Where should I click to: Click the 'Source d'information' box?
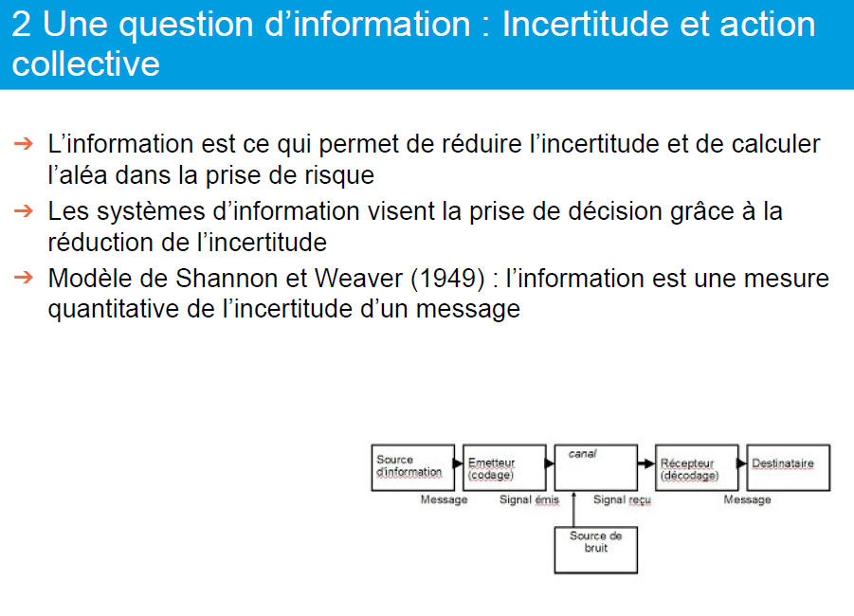[x=413, y=468]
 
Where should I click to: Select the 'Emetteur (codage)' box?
[x=504, y=468]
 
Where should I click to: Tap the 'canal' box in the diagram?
[x=596, y=468]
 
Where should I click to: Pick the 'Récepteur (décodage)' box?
[x=697, y=468]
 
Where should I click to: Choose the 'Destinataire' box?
[x=788, y=468]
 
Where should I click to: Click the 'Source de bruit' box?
[x=596, y=550]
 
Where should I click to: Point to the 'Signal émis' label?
[x=530, y=499]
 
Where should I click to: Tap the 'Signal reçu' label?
[x=622, y=499]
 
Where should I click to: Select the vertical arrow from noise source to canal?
[x=573, y=509]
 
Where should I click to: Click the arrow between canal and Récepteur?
[x=645, y=463]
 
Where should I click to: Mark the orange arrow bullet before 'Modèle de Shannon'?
[x=24, y=278]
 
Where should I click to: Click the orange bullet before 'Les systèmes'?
[x=24, y=210]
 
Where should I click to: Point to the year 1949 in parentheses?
[x=447, y=279]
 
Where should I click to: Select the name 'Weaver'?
[x=358, y=279]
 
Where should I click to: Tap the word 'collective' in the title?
[x=86, y=64]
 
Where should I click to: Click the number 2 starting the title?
[x=21, y=25]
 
